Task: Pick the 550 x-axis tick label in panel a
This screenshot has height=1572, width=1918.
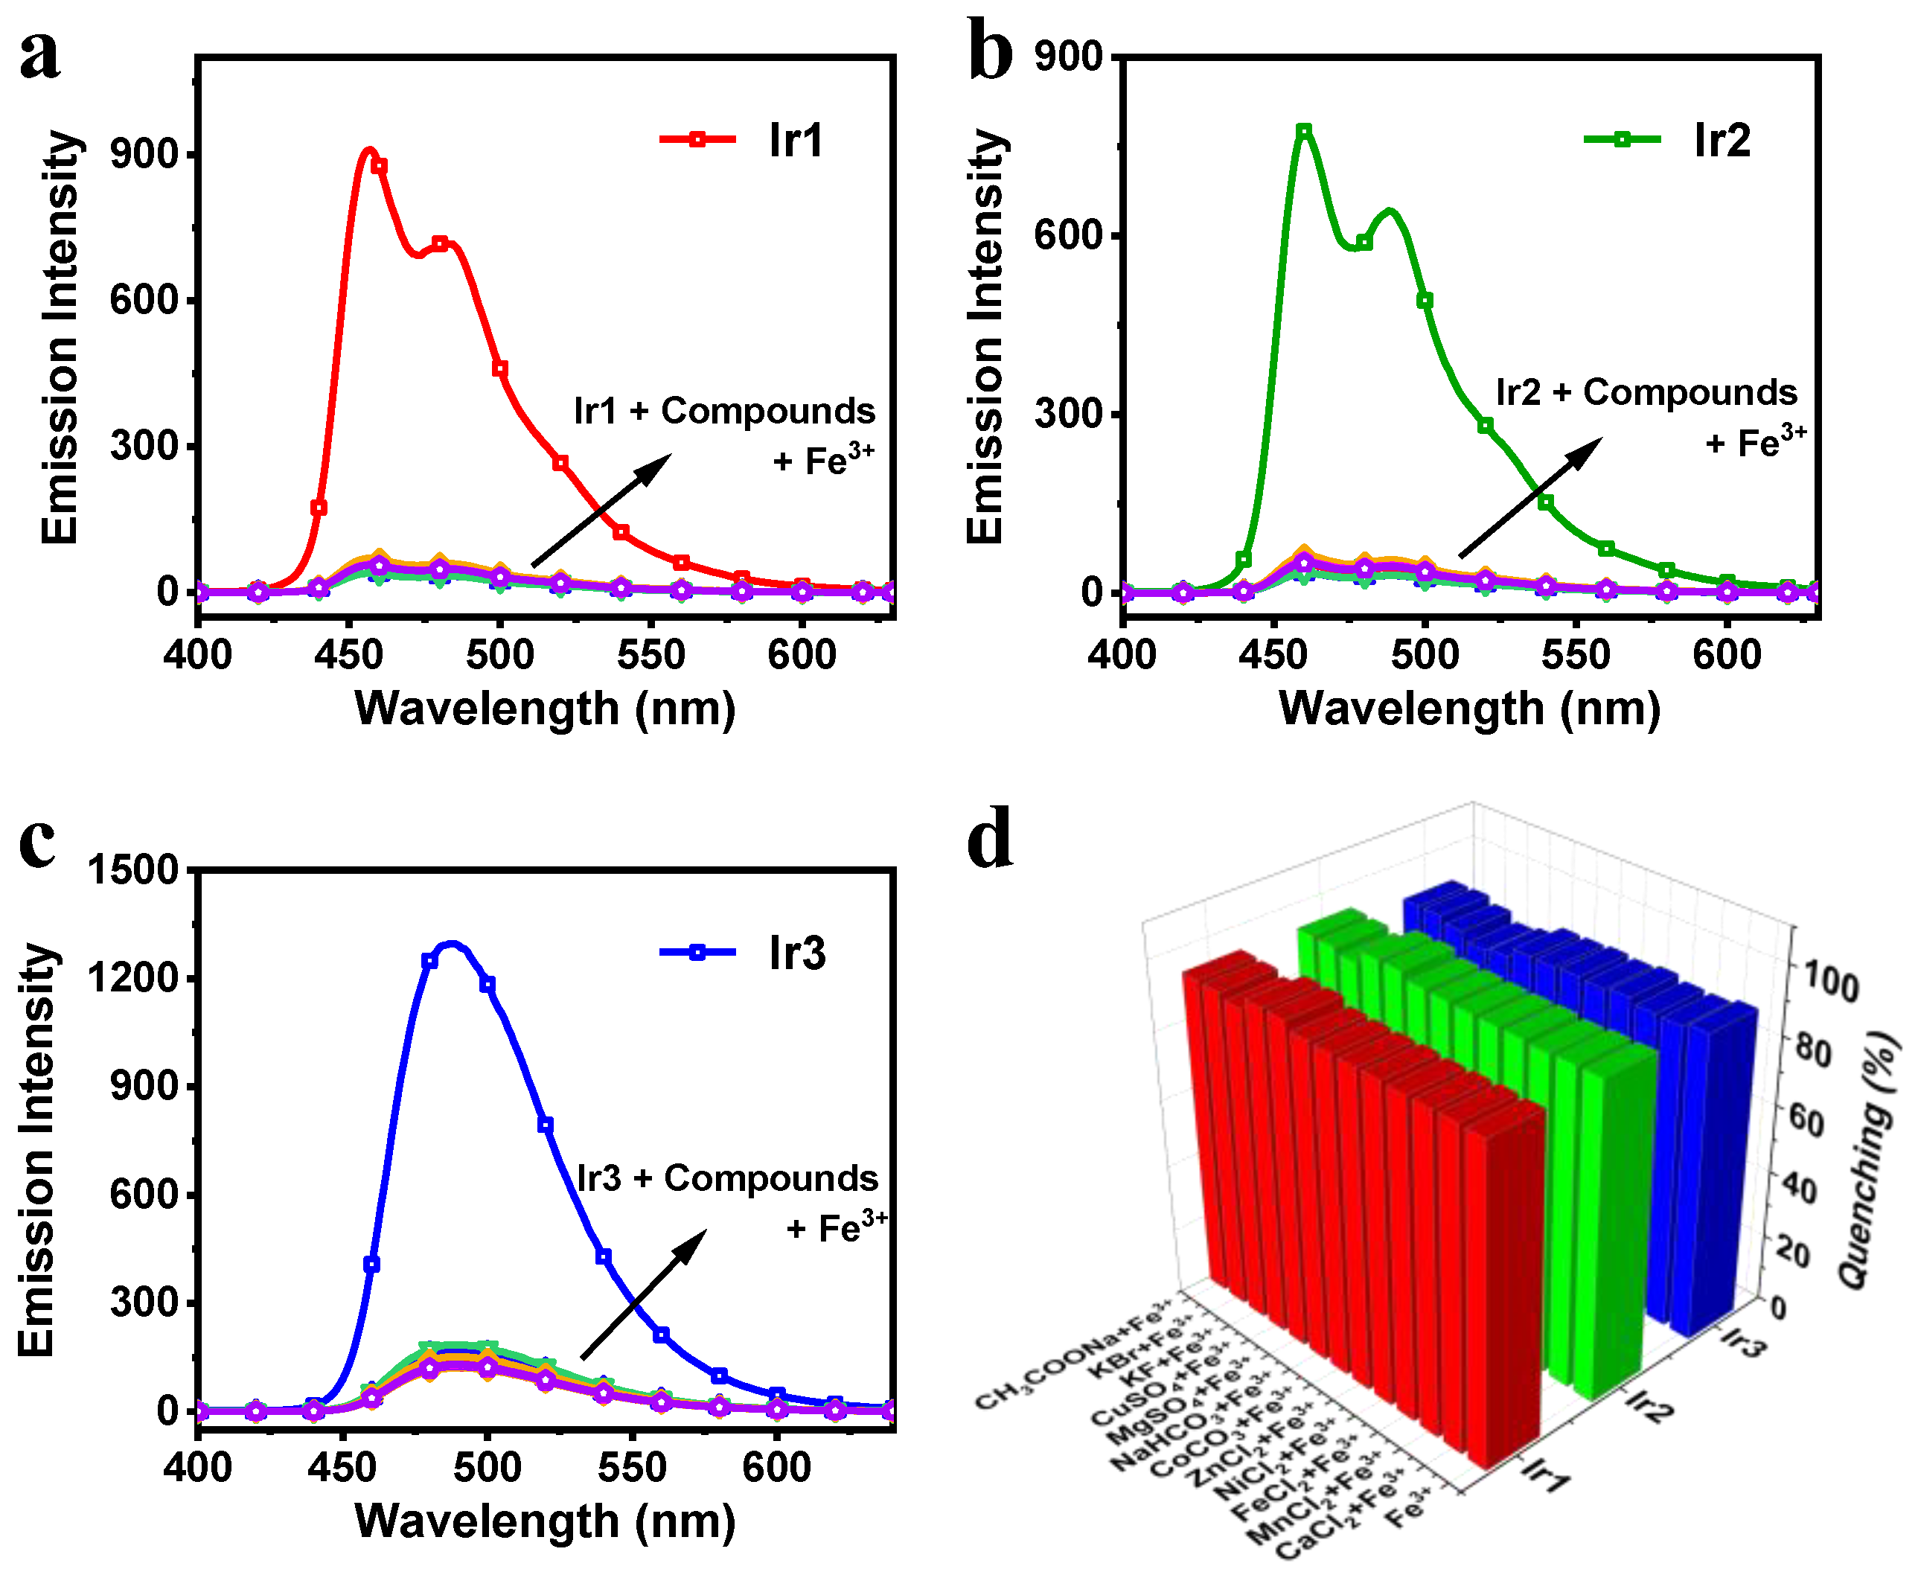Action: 650,654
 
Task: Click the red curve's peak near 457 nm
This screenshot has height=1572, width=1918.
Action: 368,150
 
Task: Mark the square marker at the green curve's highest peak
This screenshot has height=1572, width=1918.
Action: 1304,131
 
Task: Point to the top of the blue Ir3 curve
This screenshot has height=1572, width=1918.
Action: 451,945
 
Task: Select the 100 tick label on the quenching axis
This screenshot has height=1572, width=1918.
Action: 1830,982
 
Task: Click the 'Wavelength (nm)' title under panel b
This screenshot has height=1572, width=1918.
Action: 1469,708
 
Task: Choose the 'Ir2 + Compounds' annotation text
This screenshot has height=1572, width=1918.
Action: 1646,392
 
